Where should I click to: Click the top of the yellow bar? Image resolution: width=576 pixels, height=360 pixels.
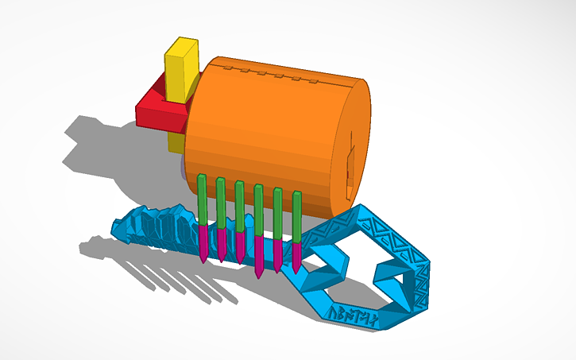pos(181,47)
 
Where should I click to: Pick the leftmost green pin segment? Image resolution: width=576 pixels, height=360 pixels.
pos(202,199)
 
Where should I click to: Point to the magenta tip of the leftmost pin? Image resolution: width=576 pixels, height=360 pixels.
pos(203,242)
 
